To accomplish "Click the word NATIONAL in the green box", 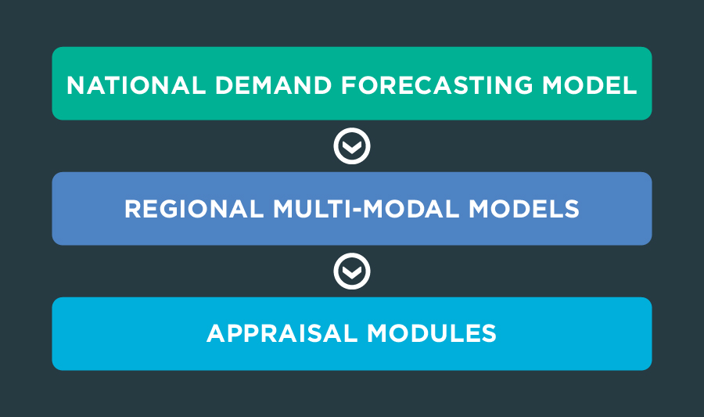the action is pos(136,85).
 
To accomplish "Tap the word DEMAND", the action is pos(274,85).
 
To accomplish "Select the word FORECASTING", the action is pos(436,85).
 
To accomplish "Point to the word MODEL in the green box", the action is pos(590,85).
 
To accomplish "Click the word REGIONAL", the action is pos(194,209).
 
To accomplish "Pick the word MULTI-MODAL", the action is pos(366,209).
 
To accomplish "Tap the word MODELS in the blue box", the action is pos(524,209).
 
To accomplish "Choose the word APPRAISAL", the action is pos(282,333).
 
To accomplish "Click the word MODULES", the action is pos(432,333).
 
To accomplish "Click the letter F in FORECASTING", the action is pos(349,85).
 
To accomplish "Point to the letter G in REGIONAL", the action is pos(173,209).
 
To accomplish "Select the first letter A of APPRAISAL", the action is pos(217,333).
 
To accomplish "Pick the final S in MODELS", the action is pos(570,209).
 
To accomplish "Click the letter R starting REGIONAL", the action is pos(133,209).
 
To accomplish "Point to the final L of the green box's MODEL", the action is pos(630,85).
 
